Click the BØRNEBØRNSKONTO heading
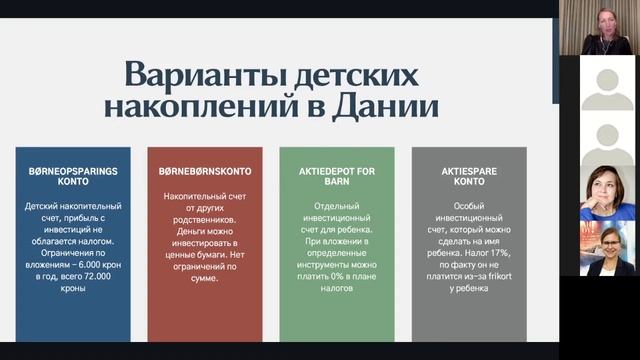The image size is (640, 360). point(204,171)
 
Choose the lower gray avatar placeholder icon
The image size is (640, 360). point(608,139)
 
